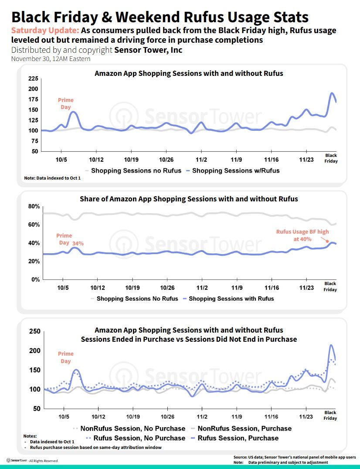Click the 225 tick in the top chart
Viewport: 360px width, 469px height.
point(33,78)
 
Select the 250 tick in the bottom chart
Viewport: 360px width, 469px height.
point(35,332)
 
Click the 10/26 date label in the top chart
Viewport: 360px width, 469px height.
point(166,160)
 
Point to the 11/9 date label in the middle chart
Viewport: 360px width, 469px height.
point(237,288)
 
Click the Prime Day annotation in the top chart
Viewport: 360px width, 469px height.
point(65,103)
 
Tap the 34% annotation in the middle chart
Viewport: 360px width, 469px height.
point(78,243)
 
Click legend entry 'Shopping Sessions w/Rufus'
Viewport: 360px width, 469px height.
point(235,170)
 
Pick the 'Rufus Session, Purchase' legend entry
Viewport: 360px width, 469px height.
point(238,438)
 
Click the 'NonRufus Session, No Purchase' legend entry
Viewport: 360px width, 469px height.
point(132,428)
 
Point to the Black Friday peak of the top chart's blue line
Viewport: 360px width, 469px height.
point(332,93)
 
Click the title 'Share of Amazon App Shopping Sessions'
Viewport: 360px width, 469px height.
point(189,199)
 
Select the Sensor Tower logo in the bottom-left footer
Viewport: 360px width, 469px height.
point(17,460)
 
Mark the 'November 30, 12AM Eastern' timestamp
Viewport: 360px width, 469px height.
point(51,58)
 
